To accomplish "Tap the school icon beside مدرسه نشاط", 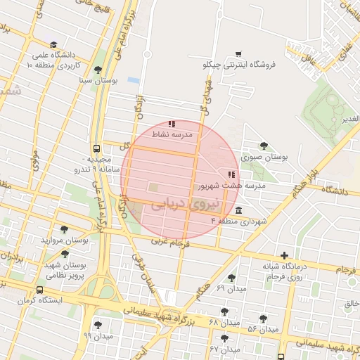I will [172, 124].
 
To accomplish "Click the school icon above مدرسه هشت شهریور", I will [231, 174].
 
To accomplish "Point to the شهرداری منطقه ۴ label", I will [240, 221].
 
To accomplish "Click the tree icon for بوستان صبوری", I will [264, 146].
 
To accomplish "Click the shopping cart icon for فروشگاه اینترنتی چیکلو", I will [238, 53].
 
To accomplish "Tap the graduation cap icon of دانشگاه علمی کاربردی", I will [54, 44].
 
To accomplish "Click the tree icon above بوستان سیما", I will [97, 69].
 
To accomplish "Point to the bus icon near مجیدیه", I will [96, 149].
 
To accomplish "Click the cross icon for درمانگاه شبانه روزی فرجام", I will [284, 255].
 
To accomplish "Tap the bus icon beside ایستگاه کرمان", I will [39, 289].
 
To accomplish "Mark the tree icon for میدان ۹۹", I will [98, 325].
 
